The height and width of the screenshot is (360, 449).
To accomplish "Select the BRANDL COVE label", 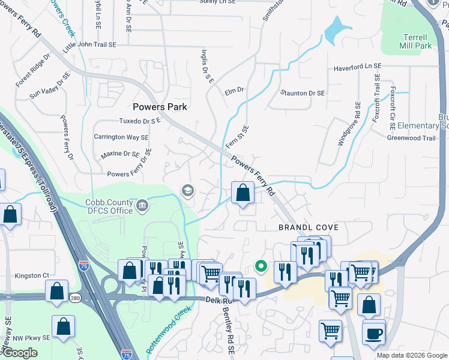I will coord(309,227).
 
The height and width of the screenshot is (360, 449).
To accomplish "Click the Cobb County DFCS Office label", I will coord(109,206).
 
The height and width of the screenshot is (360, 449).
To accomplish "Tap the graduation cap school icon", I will coord(187,191).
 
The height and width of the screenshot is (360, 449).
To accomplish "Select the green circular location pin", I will coord(261,265).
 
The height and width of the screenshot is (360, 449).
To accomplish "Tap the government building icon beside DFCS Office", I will coord(142,206).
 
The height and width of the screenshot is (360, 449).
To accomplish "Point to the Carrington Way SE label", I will coord(121,137).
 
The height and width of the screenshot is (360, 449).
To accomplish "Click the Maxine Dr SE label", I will coord(120,154).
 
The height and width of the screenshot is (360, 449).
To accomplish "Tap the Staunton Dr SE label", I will coord(303,93).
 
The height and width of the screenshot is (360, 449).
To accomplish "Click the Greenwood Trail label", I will coord(411,138).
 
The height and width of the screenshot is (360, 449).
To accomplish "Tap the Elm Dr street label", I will coord(234,91).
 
